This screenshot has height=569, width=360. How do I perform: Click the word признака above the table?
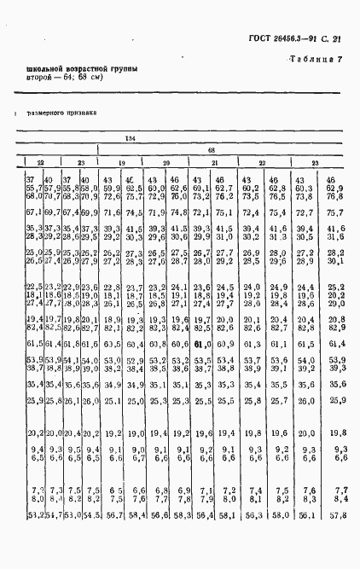click(x=81, y=111)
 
